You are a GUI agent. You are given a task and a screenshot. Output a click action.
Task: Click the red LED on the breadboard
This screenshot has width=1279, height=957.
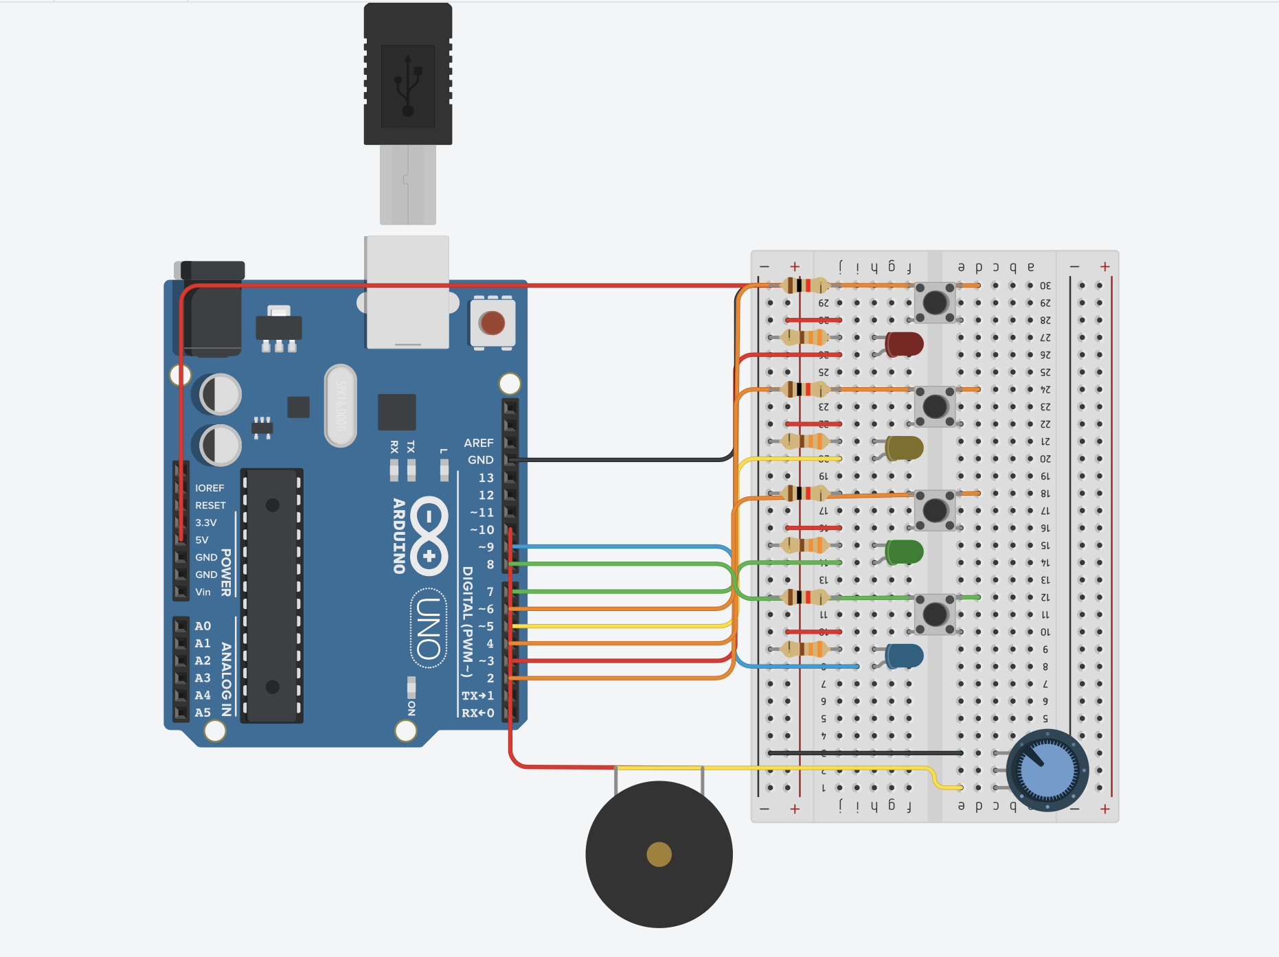point(904,344)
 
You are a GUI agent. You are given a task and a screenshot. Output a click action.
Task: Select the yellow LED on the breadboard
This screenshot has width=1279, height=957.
point(904,448)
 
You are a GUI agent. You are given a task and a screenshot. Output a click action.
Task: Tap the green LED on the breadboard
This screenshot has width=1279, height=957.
point(904,551)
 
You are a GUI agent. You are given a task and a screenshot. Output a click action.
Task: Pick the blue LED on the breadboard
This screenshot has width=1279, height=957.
point(904,656)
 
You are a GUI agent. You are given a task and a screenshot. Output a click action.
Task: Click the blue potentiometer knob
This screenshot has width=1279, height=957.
point(1047,770)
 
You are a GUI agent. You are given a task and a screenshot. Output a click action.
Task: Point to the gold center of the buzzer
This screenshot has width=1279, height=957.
point(659,855)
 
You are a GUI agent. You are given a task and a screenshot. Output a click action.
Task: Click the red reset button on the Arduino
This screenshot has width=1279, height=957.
point(492,323)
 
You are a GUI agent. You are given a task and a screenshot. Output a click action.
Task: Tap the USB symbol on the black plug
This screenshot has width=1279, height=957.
point(408,86)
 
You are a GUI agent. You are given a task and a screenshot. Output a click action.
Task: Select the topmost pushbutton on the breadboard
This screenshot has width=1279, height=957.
point(935,302)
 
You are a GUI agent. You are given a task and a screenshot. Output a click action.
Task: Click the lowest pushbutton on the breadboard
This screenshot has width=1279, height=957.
point(935,614)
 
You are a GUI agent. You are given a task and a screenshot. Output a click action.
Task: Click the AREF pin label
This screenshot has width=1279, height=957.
point(478,443)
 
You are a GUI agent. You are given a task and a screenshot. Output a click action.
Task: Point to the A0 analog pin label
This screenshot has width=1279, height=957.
point(203,626)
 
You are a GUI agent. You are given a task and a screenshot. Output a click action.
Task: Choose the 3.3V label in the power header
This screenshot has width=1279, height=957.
point(205,522)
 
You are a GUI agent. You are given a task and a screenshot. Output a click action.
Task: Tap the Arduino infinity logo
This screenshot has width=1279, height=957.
point(429,535)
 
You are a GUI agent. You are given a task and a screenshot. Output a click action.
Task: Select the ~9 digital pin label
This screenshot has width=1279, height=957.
point(486,547)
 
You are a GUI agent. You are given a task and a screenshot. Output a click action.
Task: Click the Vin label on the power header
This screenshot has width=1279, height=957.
point(203,592)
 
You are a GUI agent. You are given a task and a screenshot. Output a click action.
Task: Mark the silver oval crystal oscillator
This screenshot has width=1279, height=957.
point(341,406)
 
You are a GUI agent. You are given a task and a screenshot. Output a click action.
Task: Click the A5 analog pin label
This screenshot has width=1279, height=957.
point(203,713)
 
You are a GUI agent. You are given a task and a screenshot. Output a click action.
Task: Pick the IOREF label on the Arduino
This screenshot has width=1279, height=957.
point(210,488)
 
